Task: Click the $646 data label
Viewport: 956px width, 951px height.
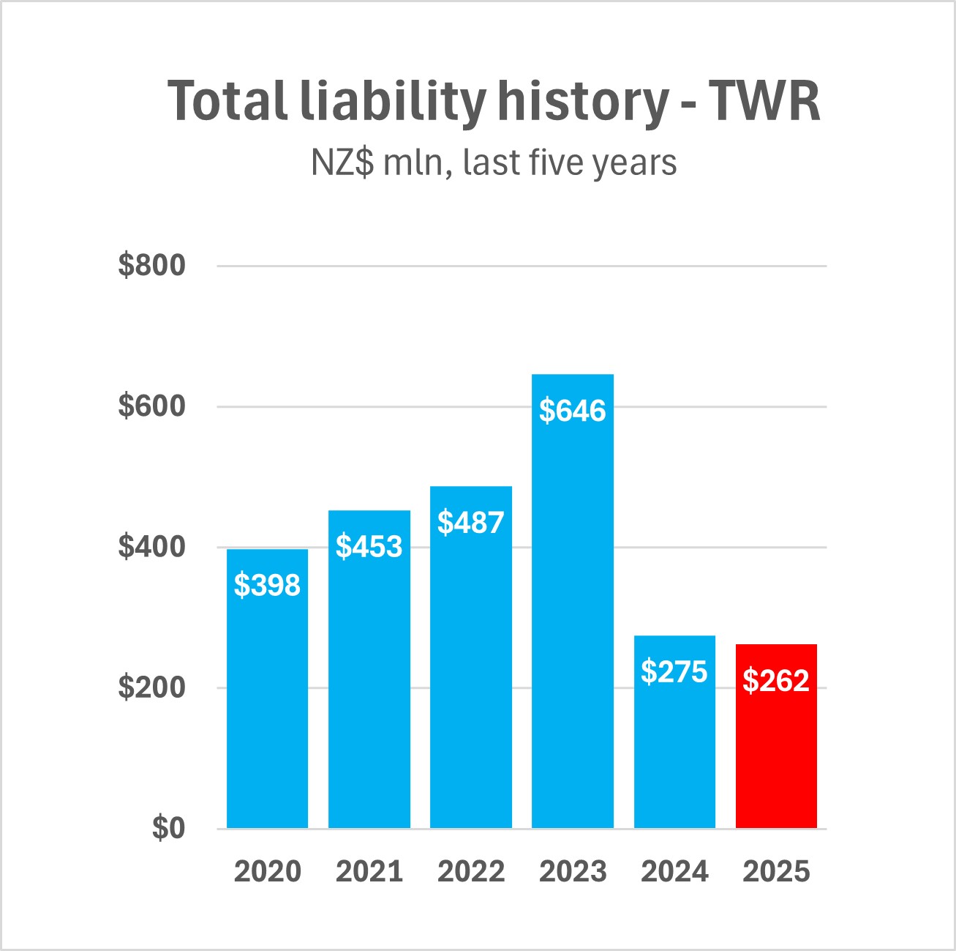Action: tap(573, 411)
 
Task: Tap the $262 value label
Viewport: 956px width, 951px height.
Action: tap(776, 681)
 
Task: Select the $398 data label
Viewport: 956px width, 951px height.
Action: tap(267, 585)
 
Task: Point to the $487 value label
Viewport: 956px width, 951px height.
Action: tap(471, 523)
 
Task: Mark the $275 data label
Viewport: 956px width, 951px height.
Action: tap(674, 671)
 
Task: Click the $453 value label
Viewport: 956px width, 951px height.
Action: tap(369, 547)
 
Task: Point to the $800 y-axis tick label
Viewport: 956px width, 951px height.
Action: tap(152, 265)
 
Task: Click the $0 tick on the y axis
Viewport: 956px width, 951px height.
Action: tap(168, 828)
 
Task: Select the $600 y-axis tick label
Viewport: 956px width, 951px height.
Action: tap(152, 406)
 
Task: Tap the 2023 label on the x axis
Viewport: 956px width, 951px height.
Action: tap(573, 872)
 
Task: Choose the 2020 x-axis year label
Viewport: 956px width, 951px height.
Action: tap(267, 872)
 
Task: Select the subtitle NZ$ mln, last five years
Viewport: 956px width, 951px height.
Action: tap(494, 163)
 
